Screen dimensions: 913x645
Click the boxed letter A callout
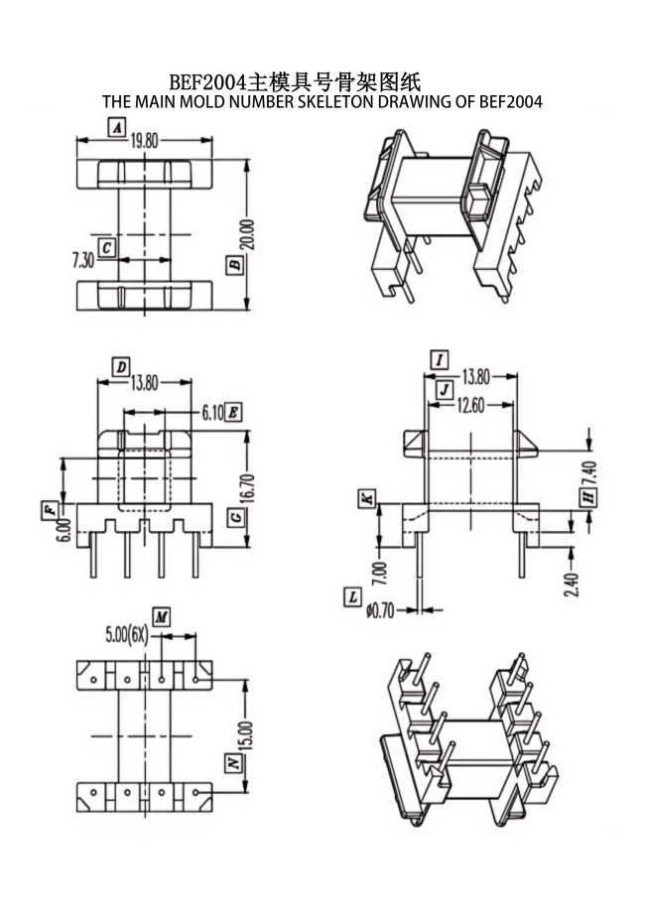(117, 127)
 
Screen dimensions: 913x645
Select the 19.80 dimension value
(145, 140)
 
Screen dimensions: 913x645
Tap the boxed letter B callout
(235, 265)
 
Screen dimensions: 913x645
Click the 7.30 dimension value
(83, 260)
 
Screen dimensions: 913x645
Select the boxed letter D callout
(120, 367)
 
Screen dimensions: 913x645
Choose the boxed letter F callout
(49, 510)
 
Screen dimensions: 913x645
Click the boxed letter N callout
(234, 763)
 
